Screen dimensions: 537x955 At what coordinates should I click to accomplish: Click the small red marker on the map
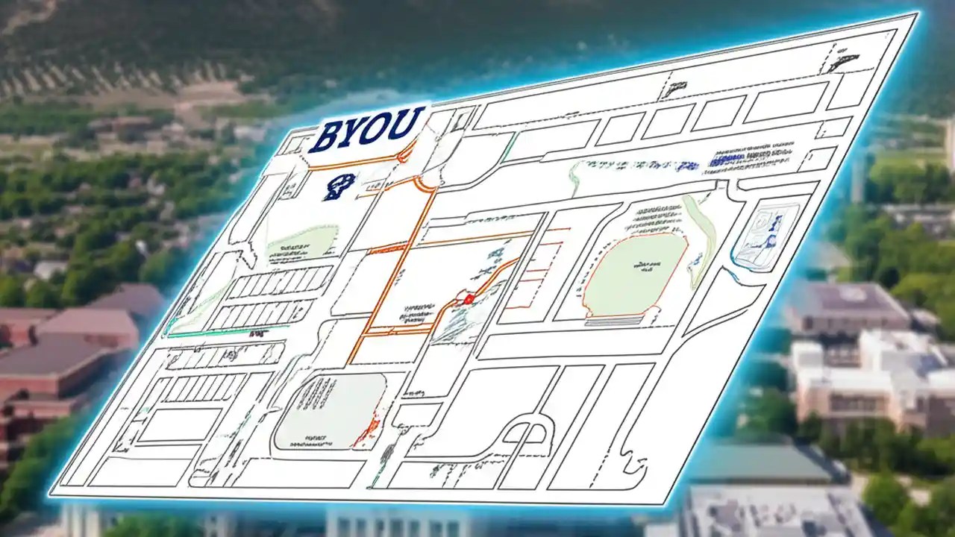click(469, 299)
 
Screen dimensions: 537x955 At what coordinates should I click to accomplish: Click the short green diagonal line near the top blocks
click(509, 147)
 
